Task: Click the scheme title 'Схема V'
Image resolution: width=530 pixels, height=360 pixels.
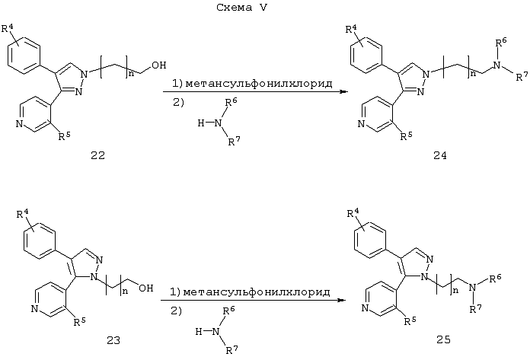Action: tap(241, 8)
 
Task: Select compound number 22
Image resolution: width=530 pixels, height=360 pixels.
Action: tap(98, 155)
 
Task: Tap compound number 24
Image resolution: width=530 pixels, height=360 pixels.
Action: tap(439, 155)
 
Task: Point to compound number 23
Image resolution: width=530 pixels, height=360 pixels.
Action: tap(113, 340)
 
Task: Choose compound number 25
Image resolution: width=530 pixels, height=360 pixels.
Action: tap(443, 339)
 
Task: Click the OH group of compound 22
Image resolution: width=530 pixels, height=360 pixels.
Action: tap(159, 65)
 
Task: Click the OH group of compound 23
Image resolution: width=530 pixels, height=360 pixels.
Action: tap(146, 288)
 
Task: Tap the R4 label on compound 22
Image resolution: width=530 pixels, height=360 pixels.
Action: tap(8, 27)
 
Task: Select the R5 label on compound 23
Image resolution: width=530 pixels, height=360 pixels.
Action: tap(80, 321)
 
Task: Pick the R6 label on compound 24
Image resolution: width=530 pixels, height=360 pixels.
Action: tap(501, 42)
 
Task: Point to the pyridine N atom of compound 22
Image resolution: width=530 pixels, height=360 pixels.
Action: tap(19, 124)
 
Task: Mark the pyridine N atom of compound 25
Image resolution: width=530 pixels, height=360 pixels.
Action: tap(365, 308)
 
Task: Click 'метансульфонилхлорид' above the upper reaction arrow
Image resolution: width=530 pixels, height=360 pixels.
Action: tap(259, 83)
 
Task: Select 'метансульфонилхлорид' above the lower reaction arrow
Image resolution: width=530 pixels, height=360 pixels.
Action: tap(257, 292)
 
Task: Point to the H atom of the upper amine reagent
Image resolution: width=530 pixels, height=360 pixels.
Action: tap(201, 123)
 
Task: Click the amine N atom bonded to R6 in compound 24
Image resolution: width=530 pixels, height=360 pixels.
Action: tap(496, 65)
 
